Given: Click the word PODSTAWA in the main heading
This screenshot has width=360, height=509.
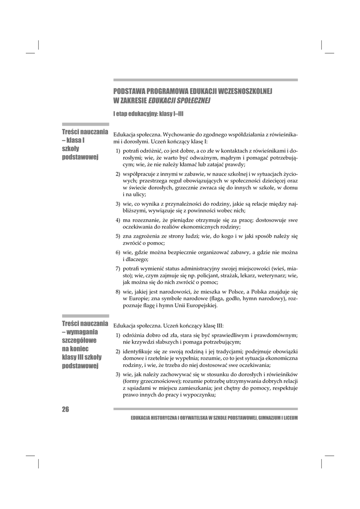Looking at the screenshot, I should click(x=129, y=92).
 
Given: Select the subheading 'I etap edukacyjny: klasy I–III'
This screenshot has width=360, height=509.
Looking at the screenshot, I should click(x=148, y=114).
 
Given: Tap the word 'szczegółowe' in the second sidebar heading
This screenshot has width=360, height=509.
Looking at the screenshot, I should click(x=80, y=340).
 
